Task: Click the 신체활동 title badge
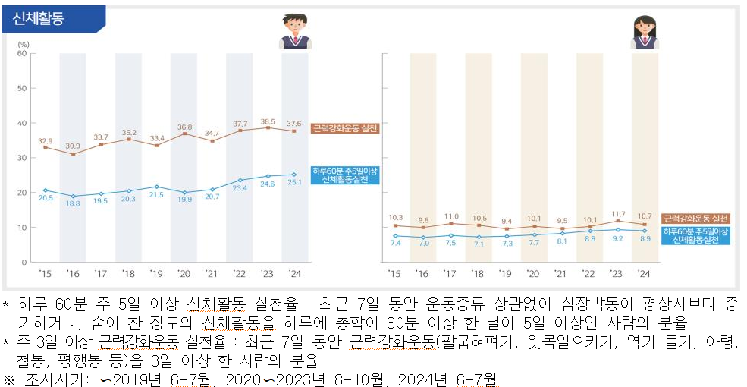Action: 44,19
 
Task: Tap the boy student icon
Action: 293,30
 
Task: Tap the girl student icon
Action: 645,32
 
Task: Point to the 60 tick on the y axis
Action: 22,53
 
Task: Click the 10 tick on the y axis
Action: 22,228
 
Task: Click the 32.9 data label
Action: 46,140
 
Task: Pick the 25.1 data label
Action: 293,182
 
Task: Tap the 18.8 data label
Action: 73,204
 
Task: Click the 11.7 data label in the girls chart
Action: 618,215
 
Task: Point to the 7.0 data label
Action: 423,243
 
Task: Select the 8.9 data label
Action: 645,238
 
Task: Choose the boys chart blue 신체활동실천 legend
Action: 344,175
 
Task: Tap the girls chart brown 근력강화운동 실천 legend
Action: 695,218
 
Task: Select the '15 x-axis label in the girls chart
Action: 394,273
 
